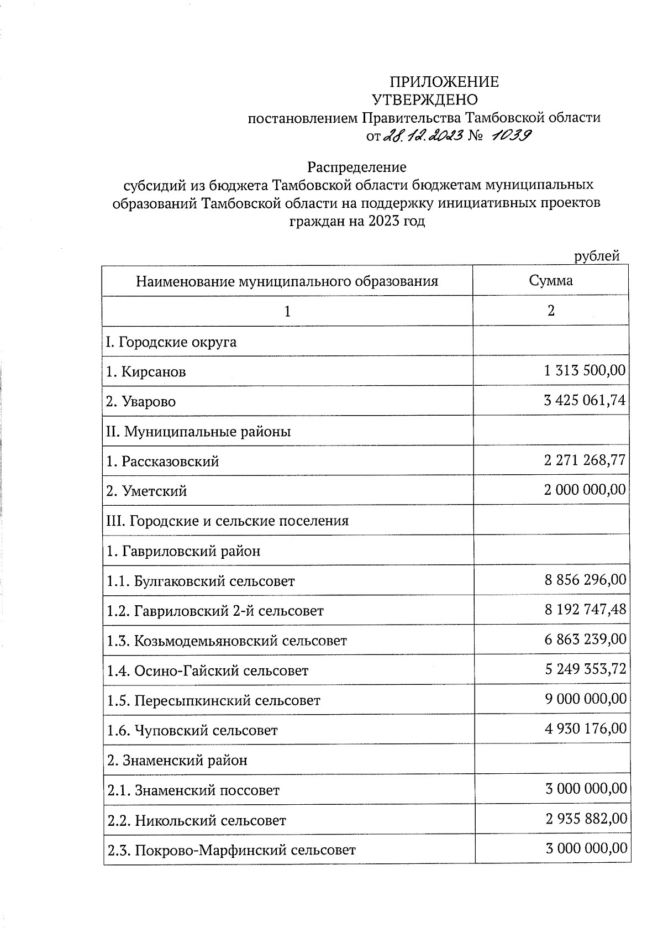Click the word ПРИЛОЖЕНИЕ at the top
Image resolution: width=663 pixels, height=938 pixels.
444,82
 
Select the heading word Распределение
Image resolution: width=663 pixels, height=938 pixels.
357,167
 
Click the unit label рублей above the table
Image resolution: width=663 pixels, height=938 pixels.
597,256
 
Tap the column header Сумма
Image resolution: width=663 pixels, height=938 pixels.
550,281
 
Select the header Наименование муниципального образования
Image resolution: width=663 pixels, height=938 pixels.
287,281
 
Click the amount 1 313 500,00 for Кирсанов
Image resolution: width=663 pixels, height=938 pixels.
585,370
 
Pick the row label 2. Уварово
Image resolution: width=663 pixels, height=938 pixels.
141,401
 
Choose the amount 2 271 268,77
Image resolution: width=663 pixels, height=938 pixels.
585,460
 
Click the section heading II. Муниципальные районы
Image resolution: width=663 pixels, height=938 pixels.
198,431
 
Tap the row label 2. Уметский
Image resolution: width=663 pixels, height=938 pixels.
146,491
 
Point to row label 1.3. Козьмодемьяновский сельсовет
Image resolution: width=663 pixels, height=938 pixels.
227,641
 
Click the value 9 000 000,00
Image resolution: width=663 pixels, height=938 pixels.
586,699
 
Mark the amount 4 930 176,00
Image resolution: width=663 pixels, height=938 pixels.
586,729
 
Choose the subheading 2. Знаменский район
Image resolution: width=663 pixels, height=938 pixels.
177,761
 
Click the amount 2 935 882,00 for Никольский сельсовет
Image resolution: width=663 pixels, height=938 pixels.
586,819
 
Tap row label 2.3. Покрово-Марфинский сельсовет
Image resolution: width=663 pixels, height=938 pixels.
231,850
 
